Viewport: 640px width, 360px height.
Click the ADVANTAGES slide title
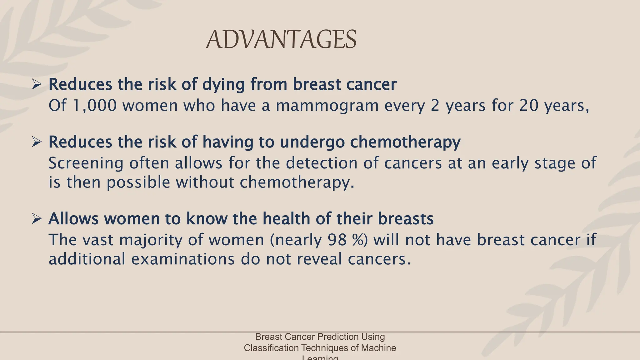[281, 40]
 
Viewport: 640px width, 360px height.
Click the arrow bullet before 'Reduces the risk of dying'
[37, 85]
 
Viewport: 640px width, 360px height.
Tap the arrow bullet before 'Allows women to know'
[37, 219]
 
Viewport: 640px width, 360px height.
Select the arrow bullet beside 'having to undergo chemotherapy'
[37, 142]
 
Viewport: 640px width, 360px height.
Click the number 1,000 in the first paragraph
[95, 106]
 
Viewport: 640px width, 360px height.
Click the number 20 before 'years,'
[529, 106]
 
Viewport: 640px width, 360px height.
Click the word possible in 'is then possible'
[138, 183]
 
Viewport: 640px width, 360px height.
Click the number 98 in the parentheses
[337, 240]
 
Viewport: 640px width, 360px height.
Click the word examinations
[183, 259]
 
